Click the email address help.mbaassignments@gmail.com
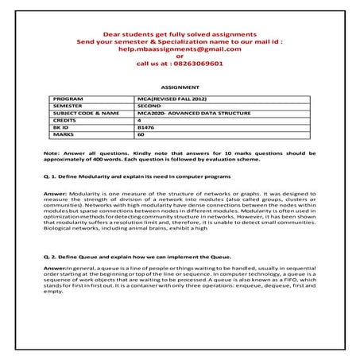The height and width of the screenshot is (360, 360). [179, 49]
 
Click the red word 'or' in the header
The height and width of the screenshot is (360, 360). [179, 57]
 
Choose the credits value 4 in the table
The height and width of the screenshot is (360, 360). [139, 119]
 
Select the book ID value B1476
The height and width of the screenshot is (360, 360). [145, 126]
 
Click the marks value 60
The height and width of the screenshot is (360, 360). [141, 134]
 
